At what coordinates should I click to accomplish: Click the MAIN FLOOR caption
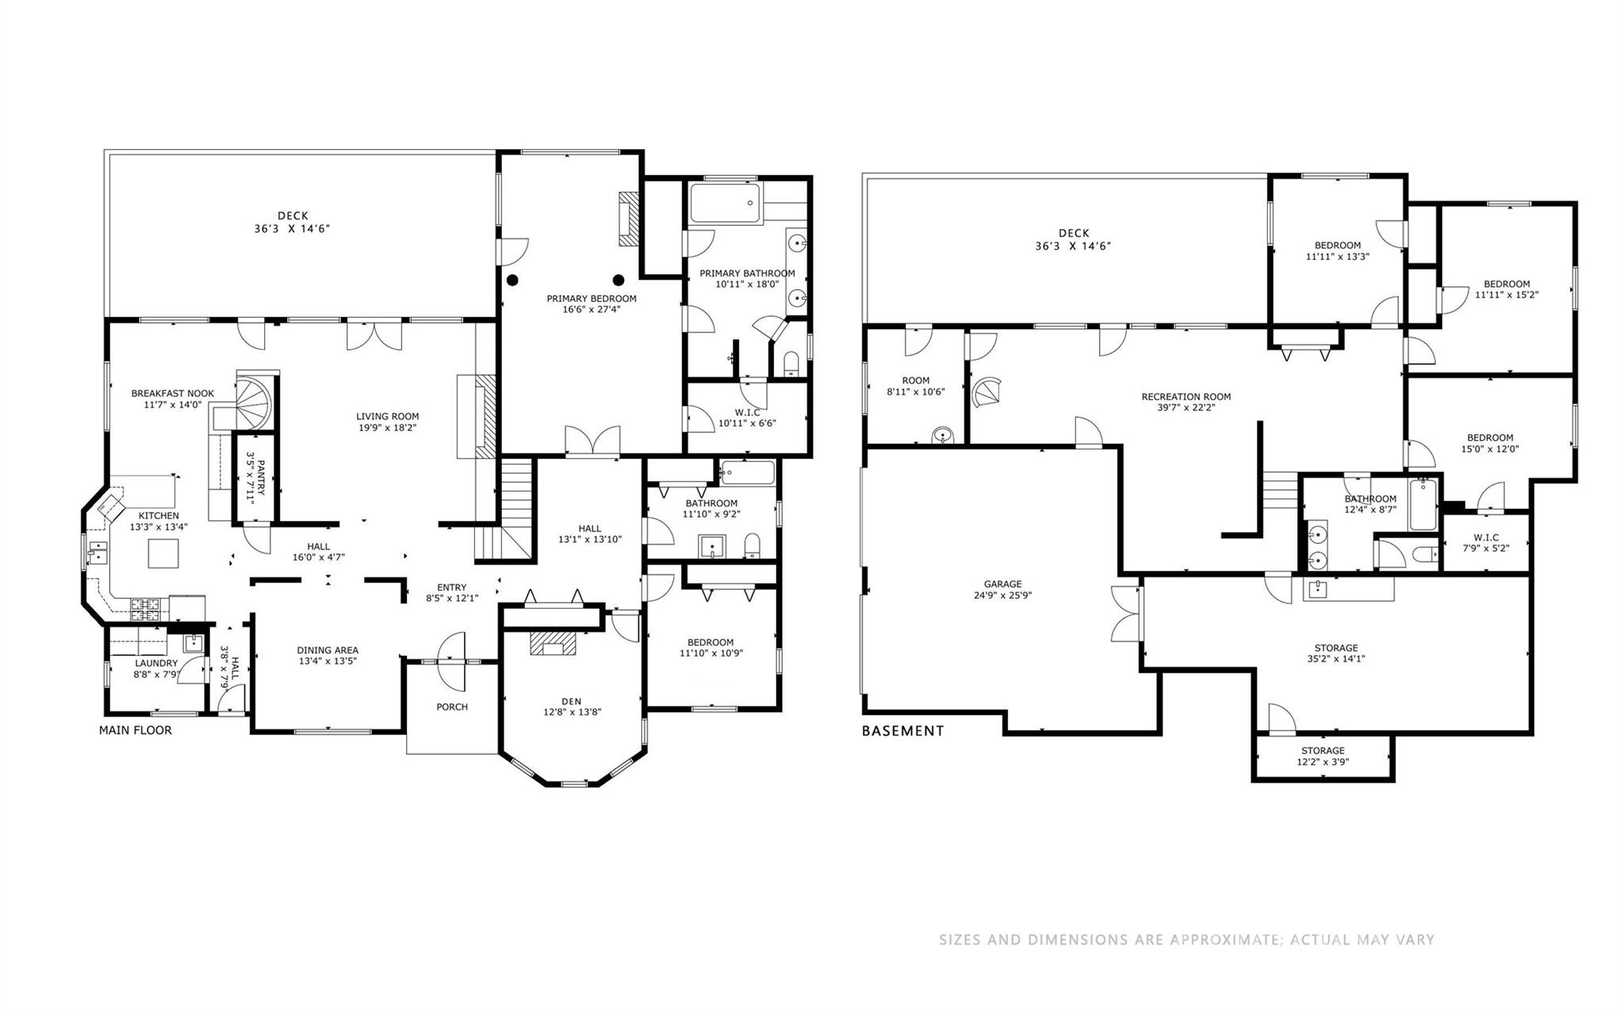pos(135,730)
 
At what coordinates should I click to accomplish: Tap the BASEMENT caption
pos(902,731)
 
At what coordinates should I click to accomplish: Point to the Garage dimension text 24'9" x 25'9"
pos(1002,595)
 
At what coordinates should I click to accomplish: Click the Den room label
pos(571,701)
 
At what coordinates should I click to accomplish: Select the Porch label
pos(452,706)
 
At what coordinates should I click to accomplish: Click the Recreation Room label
pos(1185,396)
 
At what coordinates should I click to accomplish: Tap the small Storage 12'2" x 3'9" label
pos(1323,756)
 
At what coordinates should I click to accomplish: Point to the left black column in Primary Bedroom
pos(513,279)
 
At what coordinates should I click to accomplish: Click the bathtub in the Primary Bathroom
pos(724,203)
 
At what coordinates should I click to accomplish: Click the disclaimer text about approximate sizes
pos(1186,940)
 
